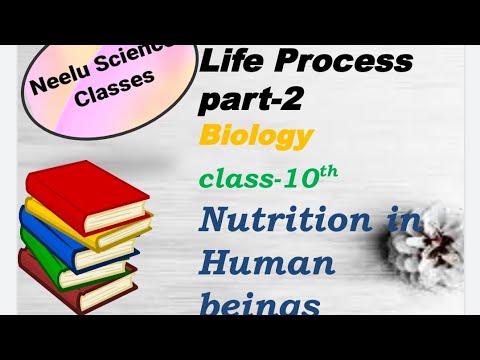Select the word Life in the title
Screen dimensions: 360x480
click(227, 64)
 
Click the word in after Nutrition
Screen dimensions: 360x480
click(401, 222)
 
